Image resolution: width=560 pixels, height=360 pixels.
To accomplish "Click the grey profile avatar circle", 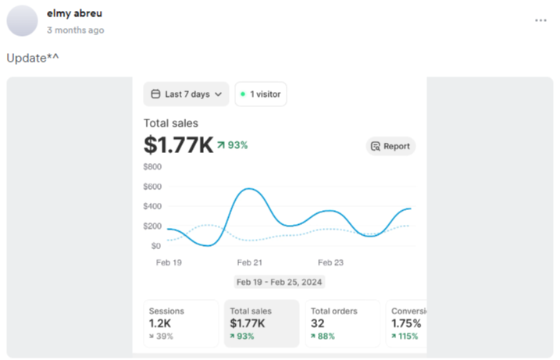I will (x=22, y=21).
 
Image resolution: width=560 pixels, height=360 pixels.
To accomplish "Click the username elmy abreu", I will (x=74, y=13).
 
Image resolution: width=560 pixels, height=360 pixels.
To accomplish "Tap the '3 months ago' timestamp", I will (x=75, y=30).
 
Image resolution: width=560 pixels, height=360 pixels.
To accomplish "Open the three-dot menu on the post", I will (x=540, y=20).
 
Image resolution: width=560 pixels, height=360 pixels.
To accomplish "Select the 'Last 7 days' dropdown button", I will (x=186, y=94).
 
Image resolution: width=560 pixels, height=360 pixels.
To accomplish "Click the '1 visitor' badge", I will (x=261, y=94).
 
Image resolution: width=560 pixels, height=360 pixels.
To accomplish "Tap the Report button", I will (x=391, y=146).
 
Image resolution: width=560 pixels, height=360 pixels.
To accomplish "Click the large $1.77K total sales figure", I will (x=178, y=144).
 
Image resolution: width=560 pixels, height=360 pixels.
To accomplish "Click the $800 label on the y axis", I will (x=152, y=166).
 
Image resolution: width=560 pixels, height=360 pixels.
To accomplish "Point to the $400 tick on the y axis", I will (x=152, y=206).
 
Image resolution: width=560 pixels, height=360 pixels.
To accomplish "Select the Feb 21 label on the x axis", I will (x=249, y=262).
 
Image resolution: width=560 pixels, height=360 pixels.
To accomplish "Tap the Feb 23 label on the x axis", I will (x=330, y=262).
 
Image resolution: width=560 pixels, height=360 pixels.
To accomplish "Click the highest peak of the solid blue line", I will (x=248, y=189).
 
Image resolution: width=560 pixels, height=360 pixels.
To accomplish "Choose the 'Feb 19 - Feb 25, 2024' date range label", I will (x=280, y=282).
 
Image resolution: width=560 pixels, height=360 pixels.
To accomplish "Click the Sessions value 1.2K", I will (x=162, y=323).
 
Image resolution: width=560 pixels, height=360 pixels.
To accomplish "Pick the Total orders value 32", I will (x=318, y=323).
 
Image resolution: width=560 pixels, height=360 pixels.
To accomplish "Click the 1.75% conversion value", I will (x=406, y=323).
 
